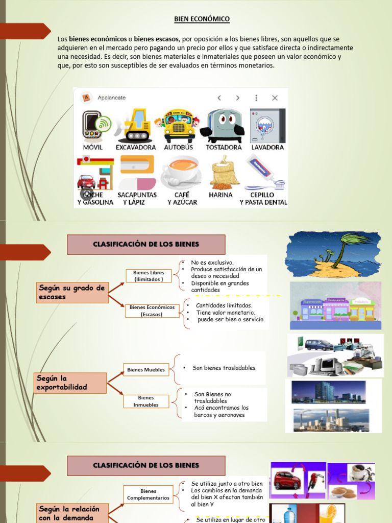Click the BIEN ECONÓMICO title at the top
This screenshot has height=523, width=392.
[x=202, y=19]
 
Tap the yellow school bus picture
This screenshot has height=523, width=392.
[x=179, y=126]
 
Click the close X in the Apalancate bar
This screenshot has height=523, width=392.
[x=275, y=98]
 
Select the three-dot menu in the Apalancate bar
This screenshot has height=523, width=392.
[x=256, y=98]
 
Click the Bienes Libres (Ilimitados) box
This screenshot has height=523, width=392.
[x=149, y=276]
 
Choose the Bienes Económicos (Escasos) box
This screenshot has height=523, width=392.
[x=152, y=311]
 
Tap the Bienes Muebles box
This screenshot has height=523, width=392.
[x=146, y=369]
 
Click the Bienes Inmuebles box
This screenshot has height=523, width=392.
[x=146, y=401]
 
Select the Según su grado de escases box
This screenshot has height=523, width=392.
[x=71, y=292]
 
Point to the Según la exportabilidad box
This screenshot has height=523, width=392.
[x=70, y=383]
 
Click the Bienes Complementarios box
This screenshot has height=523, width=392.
[x=149, y=494]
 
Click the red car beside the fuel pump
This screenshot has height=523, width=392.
[x=287, y=481]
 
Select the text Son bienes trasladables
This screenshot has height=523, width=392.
[x=224, y=368]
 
